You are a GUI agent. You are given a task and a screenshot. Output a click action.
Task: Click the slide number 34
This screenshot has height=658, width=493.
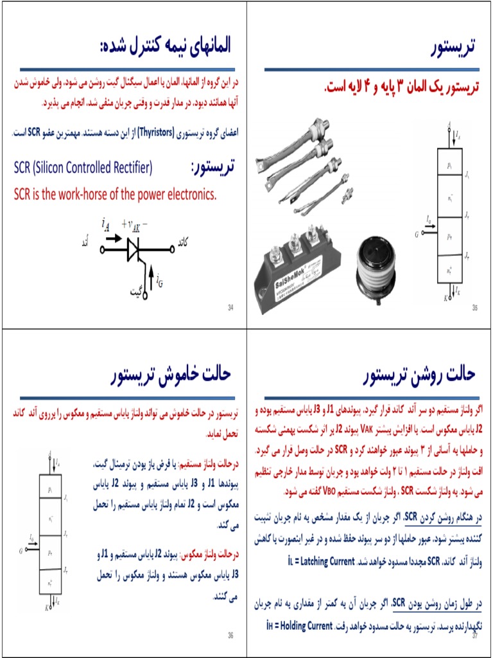pos(230,308)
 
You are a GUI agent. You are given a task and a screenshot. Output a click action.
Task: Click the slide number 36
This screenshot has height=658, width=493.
pos(230,636)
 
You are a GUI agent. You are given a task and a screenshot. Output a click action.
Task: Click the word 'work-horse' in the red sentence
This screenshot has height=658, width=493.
pos(97,193)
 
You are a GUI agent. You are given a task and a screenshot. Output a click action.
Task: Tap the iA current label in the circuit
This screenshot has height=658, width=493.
pos(105,224)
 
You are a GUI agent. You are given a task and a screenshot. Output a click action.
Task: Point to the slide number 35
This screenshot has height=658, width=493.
pos(475,308)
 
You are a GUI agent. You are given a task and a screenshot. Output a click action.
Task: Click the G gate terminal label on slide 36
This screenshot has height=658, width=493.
pos(21,551)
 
